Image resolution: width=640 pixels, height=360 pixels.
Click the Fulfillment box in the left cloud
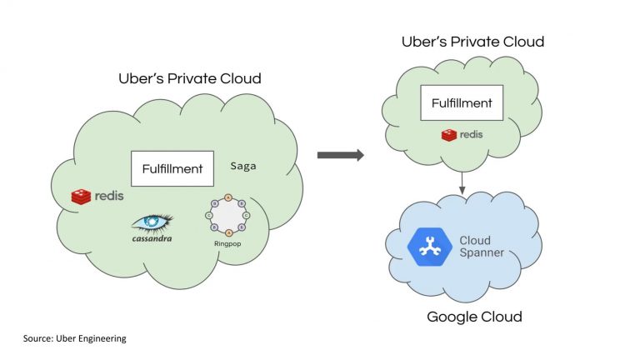(x=172, y=168)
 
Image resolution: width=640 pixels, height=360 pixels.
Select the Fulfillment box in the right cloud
(x=461, y=104)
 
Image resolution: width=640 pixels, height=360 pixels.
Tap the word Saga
(x=243, y=166)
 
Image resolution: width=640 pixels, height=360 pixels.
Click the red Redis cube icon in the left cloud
(x=81, y=197)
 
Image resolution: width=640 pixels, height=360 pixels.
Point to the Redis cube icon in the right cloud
(x=449, y=135)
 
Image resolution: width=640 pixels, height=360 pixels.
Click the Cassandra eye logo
(x=152, y=222)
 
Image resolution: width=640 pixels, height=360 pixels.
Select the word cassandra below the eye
(x=152, y=238)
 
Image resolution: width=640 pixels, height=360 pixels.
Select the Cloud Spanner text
(x=482, y=247)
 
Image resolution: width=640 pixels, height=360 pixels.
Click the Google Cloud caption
(x=474, y=317)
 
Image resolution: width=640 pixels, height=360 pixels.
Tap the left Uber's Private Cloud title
(x=190, y=79)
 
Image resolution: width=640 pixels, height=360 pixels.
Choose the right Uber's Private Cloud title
(x=472, y=42)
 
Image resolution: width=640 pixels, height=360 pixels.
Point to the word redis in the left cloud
(x=108, y=197)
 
